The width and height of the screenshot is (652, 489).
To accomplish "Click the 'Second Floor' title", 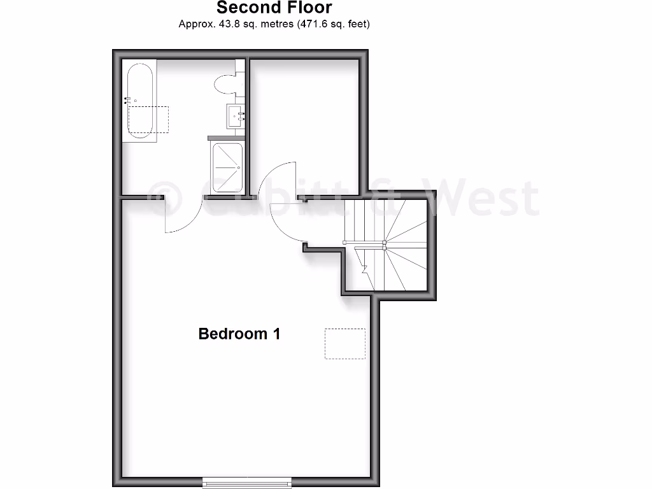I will pos(274,8).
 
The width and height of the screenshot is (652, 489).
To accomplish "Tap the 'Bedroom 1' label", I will pos(239,334).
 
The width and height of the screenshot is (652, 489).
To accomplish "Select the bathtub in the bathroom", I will pos(139,101).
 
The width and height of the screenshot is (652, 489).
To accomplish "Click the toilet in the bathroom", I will pos(226,83).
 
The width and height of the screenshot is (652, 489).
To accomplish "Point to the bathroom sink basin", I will pos(235,117).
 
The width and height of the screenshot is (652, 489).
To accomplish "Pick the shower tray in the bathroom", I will pos(227,167).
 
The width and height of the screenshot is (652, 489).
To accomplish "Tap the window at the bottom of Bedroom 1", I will pos(248,483).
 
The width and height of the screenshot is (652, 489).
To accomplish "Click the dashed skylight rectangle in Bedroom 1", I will pos(345,344).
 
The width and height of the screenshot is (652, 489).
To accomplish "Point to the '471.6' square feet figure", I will pos(313,25).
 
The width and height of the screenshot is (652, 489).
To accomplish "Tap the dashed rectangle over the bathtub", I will pos(149,120).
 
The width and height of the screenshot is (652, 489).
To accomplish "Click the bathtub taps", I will pos(129,99).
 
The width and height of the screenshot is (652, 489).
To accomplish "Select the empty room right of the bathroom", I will pos(304,121).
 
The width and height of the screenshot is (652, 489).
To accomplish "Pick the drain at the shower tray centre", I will pos(238,168).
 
